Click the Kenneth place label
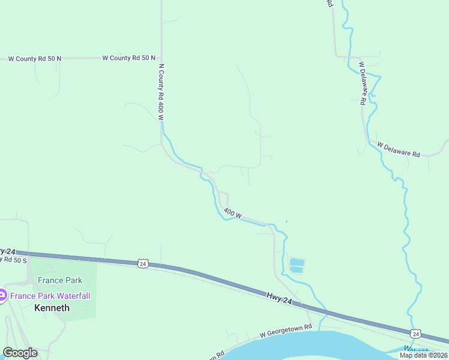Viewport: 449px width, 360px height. (x=52, y=308)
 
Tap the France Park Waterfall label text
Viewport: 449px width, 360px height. (x=49, y=295)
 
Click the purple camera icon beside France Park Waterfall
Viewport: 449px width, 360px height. (x=2, y=295)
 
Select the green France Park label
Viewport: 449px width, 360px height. (x=60, y=280)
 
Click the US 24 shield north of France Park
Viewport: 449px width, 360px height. (x=142, y=263)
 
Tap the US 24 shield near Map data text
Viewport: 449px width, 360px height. (x=415, y=333)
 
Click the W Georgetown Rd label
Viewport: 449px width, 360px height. (x=286, y=329)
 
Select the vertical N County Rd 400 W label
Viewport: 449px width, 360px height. (x=161, y=92)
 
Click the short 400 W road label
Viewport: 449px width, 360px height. (x=232, y=212)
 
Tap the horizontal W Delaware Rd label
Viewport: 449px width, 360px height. (x=399, y=149)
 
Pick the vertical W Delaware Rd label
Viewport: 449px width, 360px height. (x=363, y=83)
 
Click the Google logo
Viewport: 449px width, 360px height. (x=20, y=353)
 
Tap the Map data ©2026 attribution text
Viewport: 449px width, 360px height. (x=423, y=355)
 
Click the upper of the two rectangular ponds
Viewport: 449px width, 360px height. (x=297, y=262)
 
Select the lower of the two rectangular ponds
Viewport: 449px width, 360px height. (x=297, y=270)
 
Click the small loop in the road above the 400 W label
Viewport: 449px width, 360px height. (x=223, y=197)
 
